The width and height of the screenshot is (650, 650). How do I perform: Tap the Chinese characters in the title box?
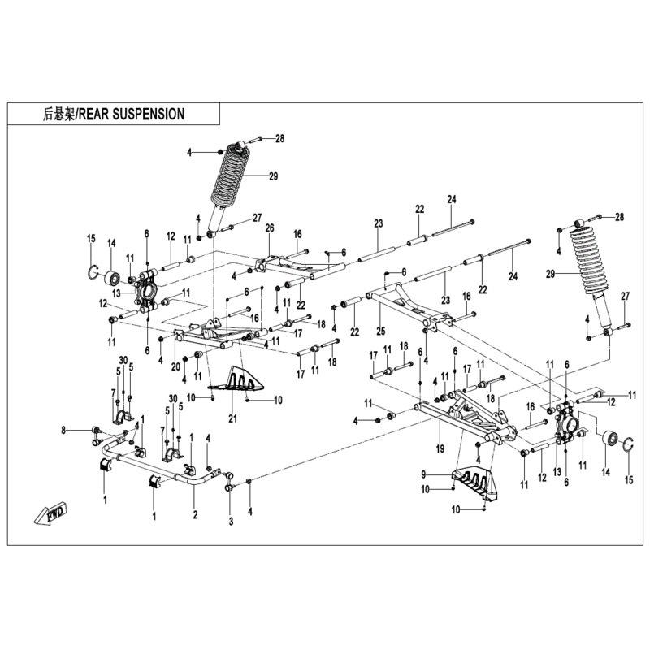click(x=58, y=115)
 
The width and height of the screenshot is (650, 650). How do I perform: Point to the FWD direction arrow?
click(x=51, y=513)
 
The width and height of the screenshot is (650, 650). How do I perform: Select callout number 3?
click(x=230, y=521)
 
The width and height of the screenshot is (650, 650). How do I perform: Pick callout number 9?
click(x=424, y=474)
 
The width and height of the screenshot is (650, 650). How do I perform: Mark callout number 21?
click(x=233, y=419)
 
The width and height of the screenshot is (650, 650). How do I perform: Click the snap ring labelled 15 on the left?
click(x=93, y=271)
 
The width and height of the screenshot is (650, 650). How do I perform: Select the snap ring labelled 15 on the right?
click(x=631, y=444)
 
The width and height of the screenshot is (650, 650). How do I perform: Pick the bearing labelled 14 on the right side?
click(x=609, y=441)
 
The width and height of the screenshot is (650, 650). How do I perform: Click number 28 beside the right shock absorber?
click(x=619, y=217)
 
